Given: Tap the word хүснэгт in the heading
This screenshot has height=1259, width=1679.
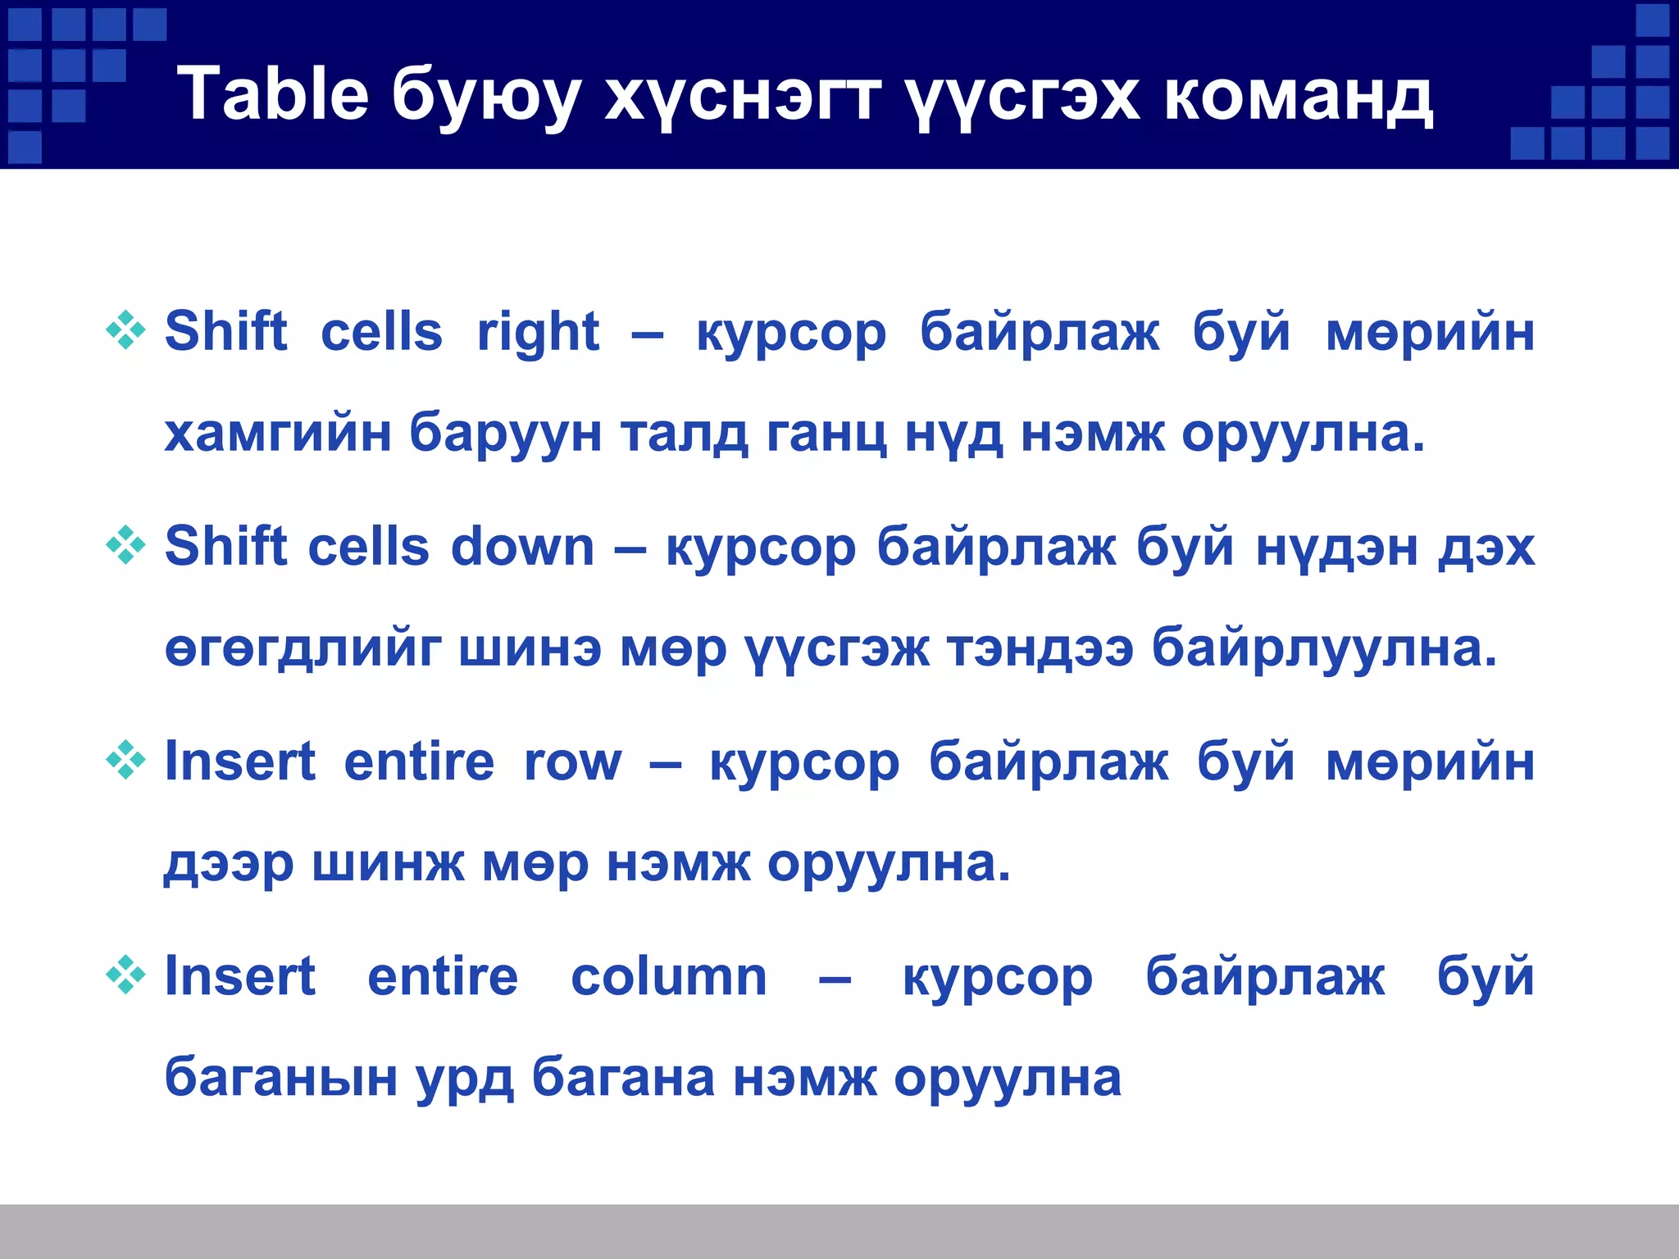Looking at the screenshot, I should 743,97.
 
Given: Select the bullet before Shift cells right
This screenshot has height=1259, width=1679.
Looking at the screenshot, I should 125,330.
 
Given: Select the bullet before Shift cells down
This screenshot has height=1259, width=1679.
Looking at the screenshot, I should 125,545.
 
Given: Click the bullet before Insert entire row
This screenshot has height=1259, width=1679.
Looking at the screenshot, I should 125,760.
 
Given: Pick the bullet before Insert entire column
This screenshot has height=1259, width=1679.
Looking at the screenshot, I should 125,975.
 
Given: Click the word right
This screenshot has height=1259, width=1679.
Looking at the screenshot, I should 538,332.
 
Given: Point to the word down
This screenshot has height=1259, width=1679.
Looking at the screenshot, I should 522,547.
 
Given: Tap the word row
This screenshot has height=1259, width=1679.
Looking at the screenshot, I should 573,761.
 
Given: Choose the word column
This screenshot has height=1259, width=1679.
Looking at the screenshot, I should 668,976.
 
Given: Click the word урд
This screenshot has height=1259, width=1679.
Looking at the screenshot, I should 465,1079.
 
